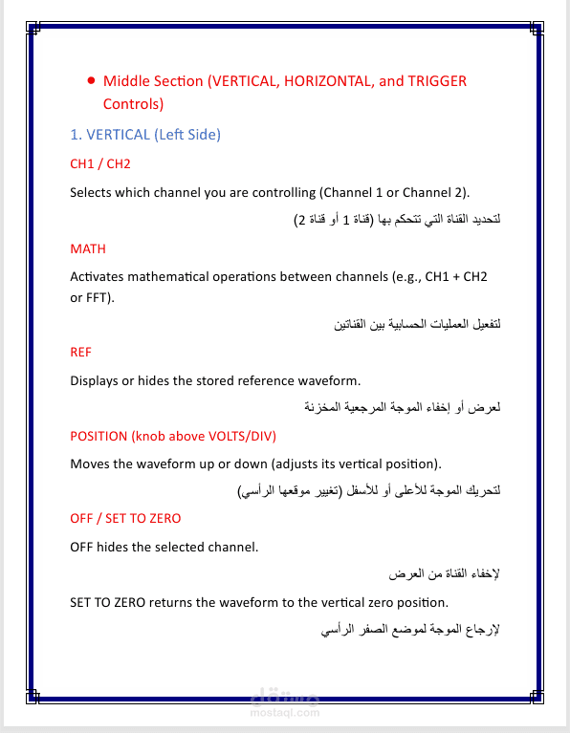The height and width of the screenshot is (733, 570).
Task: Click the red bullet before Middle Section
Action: [x=90, y=81]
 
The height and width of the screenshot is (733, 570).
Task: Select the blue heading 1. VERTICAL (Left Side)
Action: [x=145, y=135]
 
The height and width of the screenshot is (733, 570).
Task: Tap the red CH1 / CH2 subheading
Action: [x=99, y=163]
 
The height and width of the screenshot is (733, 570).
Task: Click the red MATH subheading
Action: [x=88, y=248]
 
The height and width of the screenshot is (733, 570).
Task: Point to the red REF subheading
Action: [x=81, y=352]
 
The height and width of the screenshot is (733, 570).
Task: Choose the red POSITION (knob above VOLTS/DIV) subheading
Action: [x=173, y=436]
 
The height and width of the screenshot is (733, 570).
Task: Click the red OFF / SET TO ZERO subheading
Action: [x=125, y=518]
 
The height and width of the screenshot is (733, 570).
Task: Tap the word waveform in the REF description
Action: [x=328, y=380]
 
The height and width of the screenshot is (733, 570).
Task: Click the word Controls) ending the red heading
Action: [x=133, y=103]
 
